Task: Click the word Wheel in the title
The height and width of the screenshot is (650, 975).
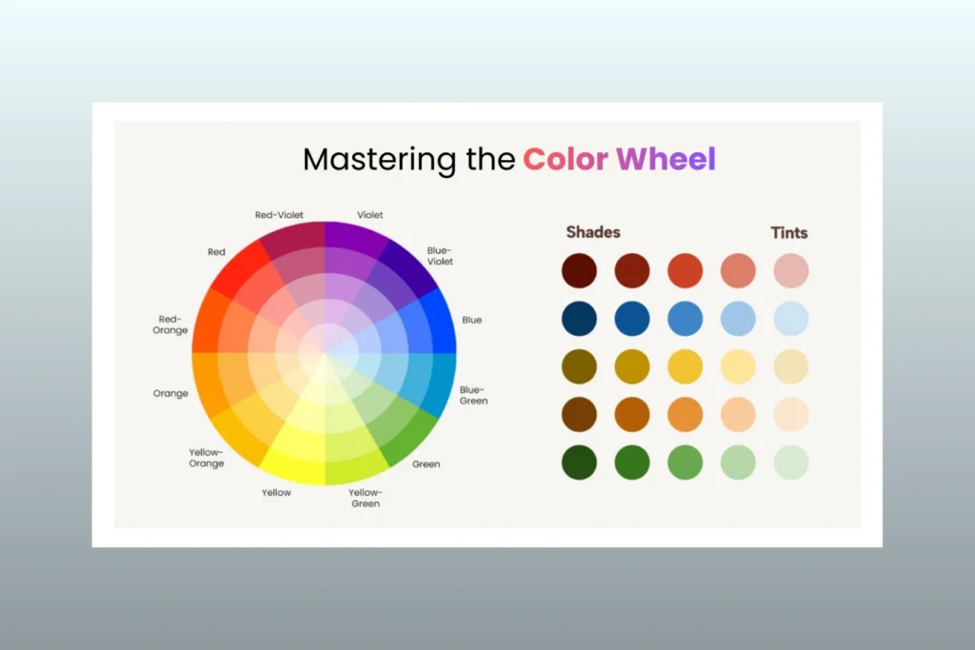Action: (x=666, y=159)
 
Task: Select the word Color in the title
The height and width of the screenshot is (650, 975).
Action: (x=565, y=159)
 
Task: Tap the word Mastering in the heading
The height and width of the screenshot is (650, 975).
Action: (x=380, y=160)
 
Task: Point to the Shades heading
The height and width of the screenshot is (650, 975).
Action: (x=593, y=232)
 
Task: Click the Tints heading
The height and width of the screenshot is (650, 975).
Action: (x=789, y=232)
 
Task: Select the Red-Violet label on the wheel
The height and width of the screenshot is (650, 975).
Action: (x=279, y=215)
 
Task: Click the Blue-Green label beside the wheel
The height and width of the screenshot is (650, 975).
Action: (x=473, y=395)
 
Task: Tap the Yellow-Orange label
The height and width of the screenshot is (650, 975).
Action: (x=207, y=458)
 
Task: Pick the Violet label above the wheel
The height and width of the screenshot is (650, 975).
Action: (x=370, y=215)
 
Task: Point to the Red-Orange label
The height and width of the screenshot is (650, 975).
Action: (x=171, y=325)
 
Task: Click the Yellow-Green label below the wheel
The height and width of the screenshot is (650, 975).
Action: (x=365, y=498)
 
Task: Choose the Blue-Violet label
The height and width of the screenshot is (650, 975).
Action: (x=440, y=255)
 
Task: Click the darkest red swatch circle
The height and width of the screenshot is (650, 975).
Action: (x=580, y=270)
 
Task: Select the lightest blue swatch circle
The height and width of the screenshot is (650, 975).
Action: (x=791, y=319)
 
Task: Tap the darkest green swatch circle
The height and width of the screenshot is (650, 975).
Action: (x=580, y=463)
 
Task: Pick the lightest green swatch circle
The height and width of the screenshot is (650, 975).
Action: (x=791, y=463)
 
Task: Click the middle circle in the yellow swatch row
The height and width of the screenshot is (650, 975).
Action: (x=686, y=366)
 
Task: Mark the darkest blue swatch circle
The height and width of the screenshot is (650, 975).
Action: (x=580, y=319)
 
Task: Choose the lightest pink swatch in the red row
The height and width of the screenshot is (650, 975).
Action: (x=791, y=270)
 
